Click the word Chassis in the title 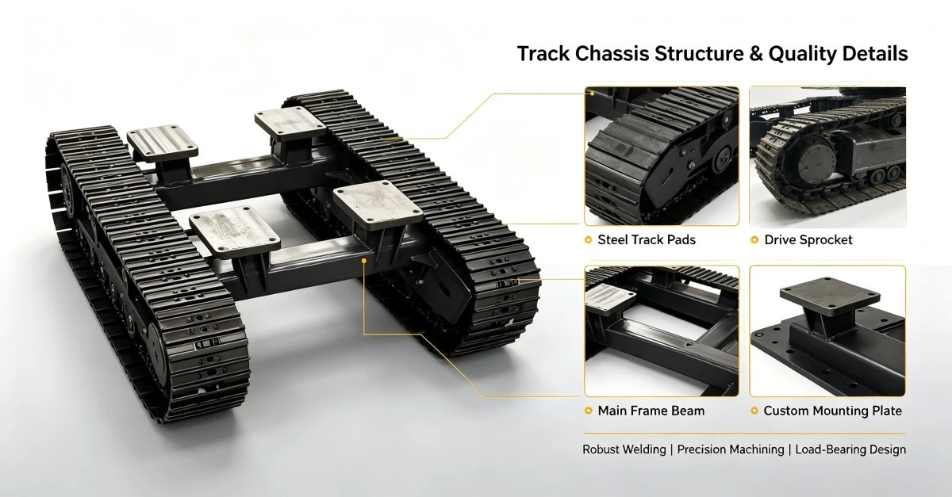612,54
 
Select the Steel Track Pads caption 647,240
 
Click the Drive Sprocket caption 808,240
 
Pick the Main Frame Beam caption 651,411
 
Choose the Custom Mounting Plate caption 832,411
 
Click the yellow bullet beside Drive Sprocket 754,240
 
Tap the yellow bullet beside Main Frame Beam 588,411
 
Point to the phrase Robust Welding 624,449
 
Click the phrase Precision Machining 731,449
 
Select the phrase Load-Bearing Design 850,449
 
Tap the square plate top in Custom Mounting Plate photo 829,296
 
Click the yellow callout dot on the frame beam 364,260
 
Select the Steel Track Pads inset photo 662,156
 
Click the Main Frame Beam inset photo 662,331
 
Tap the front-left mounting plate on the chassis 235,231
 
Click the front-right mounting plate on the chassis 378,205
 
